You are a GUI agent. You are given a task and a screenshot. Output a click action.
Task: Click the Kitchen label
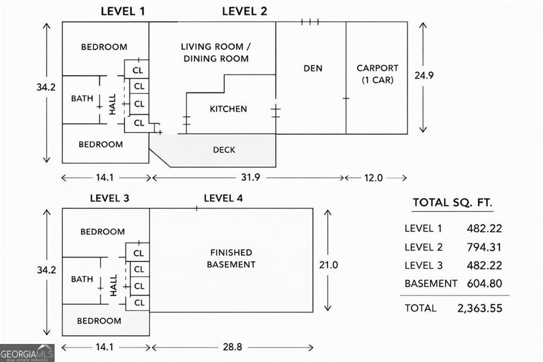[x=228, y=109]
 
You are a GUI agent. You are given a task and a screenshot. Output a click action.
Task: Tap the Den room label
[x=313, y=68]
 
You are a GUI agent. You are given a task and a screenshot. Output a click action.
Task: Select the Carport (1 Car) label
[x=377, y=74]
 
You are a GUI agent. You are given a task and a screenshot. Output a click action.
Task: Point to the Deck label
[x=224, y=150]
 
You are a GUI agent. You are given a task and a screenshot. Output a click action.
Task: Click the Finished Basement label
[x=231, y=258]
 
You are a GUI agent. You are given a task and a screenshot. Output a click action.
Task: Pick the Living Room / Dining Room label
[x=216, y=53]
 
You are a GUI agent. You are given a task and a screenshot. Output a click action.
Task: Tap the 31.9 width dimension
[x=249, y=177]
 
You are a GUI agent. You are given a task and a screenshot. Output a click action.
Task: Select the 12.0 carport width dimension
[x=372, y=178]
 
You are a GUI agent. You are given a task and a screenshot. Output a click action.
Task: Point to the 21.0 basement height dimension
[x=328, y=264]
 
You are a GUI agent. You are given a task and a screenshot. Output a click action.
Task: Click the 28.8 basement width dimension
[x=231, y=347]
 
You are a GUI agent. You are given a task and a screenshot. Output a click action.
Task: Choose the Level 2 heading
[x=244, y=11]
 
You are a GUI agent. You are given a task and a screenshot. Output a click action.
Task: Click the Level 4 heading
[x=223, y=199]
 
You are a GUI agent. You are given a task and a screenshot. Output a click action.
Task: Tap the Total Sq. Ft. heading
[x=452, y=202]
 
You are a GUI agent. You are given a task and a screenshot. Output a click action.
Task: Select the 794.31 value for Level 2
[x=484, y=247]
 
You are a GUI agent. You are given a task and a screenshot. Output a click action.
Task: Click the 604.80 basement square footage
[x=484, y=283]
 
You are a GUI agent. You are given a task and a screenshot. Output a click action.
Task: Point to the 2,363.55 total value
[x=479, y=308]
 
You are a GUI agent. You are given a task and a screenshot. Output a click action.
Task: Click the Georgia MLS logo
[x=27, y=353]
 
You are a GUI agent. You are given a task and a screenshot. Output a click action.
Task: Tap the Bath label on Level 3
[x=82, y=279]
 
